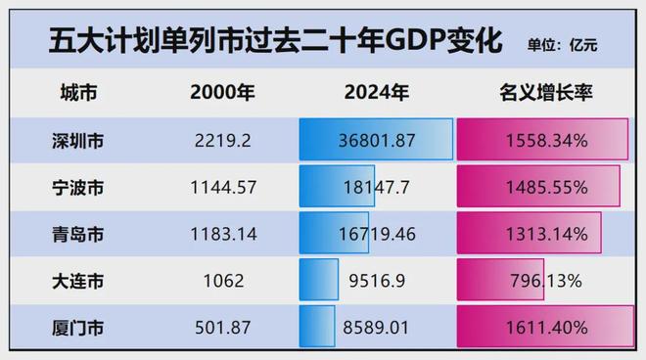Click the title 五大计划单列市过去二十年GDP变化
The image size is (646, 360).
coord(262,40)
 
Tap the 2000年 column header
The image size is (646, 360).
coord(222,94)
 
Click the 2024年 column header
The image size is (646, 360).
coord(377,94)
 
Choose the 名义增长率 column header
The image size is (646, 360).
coord(546,94)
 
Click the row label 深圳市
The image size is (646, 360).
coord(77,141)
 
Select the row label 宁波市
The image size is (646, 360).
coord(77,187)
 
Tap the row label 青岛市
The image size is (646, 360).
coord(77,234)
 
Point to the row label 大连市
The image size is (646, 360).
coord(77,281)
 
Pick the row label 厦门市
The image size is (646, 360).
coord(77,327)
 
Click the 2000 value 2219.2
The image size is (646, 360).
coord(222,141)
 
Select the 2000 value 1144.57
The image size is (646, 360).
coord(222,187)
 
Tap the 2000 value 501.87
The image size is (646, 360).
coord(222,327)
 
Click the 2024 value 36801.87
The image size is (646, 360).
coord(377,141)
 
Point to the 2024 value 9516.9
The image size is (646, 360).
coord(377,281)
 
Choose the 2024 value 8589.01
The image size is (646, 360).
coord(377,327)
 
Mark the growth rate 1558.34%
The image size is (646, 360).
coord(546,141)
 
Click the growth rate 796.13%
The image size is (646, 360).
coord(546,281)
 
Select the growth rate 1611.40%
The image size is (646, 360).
coord(546,327)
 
